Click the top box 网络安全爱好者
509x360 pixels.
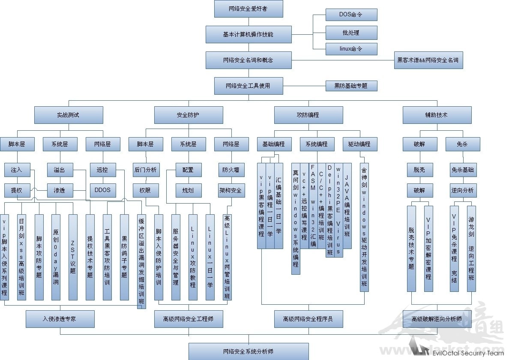tap(249, 9)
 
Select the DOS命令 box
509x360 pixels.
tap(351, 15)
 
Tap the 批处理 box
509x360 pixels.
tap(351, 33)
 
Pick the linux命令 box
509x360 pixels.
tap(351, 49)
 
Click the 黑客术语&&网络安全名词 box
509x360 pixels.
tap(428, 60)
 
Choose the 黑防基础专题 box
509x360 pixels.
tap(351, 86)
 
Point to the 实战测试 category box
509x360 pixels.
tap(69, 115)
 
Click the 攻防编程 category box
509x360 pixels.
tap(308, 115)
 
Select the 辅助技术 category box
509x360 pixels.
tap(437, 115)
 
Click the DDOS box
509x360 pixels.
tap(103, 190)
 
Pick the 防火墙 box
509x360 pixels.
tap(231, 170)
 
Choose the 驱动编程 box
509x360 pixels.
tap(360, 144)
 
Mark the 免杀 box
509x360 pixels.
tap(463, 144)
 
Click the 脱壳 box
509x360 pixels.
tap(420, 170)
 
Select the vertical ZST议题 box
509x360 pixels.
tap(73, 257)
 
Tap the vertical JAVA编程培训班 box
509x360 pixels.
tap(347, 206)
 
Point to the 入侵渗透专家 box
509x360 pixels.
tap(60, 319)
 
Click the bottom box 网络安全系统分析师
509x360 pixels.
tap(249, 351)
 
